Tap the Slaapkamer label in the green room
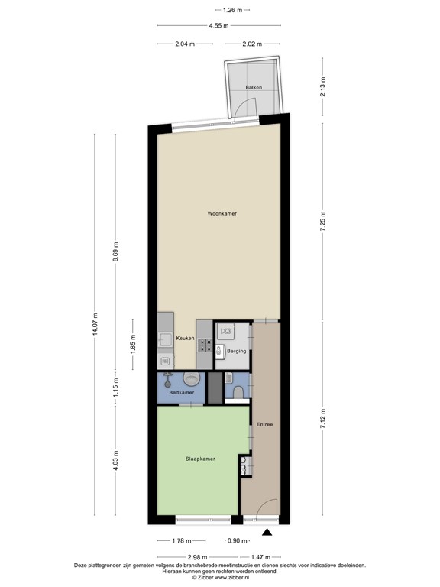coord(200,459)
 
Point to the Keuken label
coord(185,339)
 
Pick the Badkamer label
coord(182,393)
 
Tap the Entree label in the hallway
coord(264,424)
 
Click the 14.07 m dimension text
coord(95,325)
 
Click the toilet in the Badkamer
coord(190,379)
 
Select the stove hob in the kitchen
coord(204,349)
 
